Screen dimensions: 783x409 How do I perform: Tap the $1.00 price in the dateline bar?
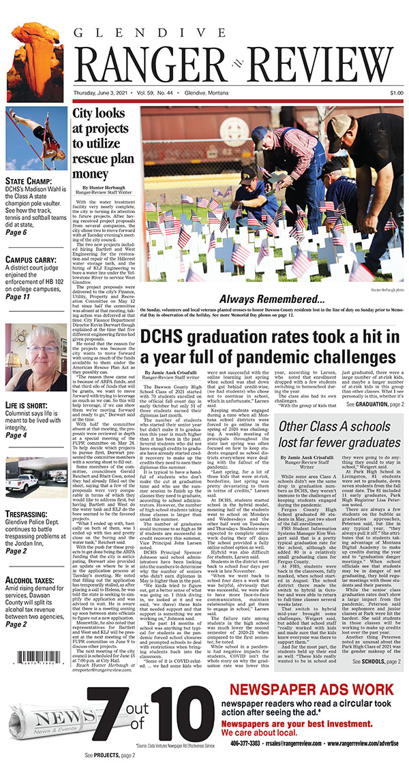click(396, 93)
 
